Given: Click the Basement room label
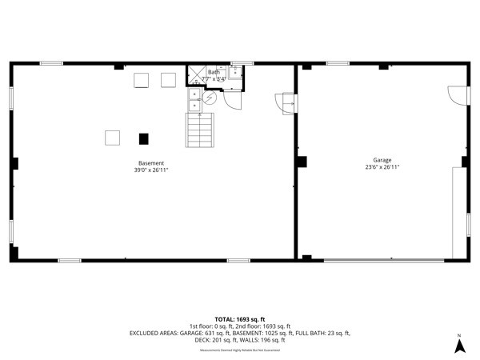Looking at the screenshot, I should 150,163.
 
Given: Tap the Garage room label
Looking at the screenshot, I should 382,160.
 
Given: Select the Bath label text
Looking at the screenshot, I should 214,73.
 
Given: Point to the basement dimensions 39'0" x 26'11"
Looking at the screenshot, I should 150,170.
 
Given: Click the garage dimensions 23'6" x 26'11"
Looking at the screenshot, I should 382,167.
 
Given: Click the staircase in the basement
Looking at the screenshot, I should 200,130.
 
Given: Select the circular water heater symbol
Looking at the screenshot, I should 210,98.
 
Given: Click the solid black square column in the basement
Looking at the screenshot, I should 144,138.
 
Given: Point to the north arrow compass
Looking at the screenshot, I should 459,345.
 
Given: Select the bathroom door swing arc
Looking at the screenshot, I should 232,100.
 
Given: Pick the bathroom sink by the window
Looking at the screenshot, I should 235,73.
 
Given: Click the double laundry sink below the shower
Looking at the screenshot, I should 194,99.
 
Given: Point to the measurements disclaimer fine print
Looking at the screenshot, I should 239,350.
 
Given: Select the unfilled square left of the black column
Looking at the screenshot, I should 113,138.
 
